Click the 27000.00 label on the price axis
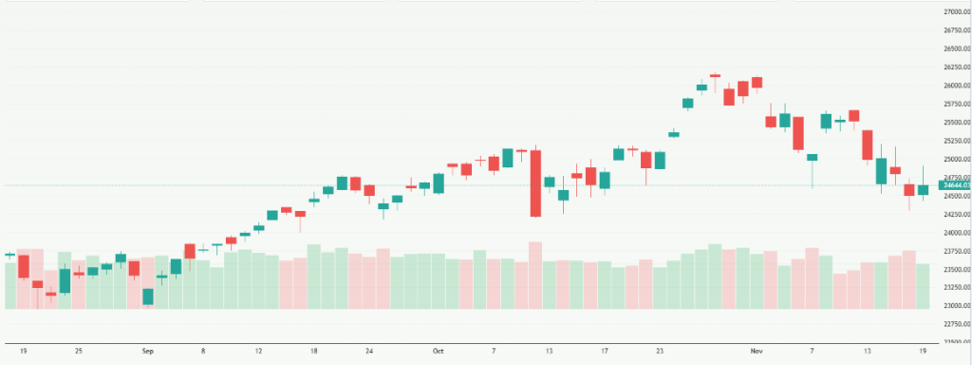pos(954,11)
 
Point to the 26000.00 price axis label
pos(954,86)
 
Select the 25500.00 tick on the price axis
pos(954,123)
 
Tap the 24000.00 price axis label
pos(954,233)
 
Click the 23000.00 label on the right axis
pos(954,306)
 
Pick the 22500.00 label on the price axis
pos(954,342)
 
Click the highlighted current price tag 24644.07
pos(954,186)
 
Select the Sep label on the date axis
pos(148,352)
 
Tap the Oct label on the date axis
pos(438,352)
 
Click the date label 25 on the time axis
pos(79,352)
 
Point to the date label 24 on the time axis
pos(369,352)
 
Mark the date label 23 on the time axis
pos(660,352)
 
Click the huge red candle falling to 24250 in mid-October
pos(535,183)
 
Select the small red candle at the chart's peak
pos(715,75)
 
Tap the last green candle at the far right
pos(923,190)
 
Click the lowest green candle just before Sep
pos(148,297)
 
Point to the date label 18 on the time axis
pos(314,352)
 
